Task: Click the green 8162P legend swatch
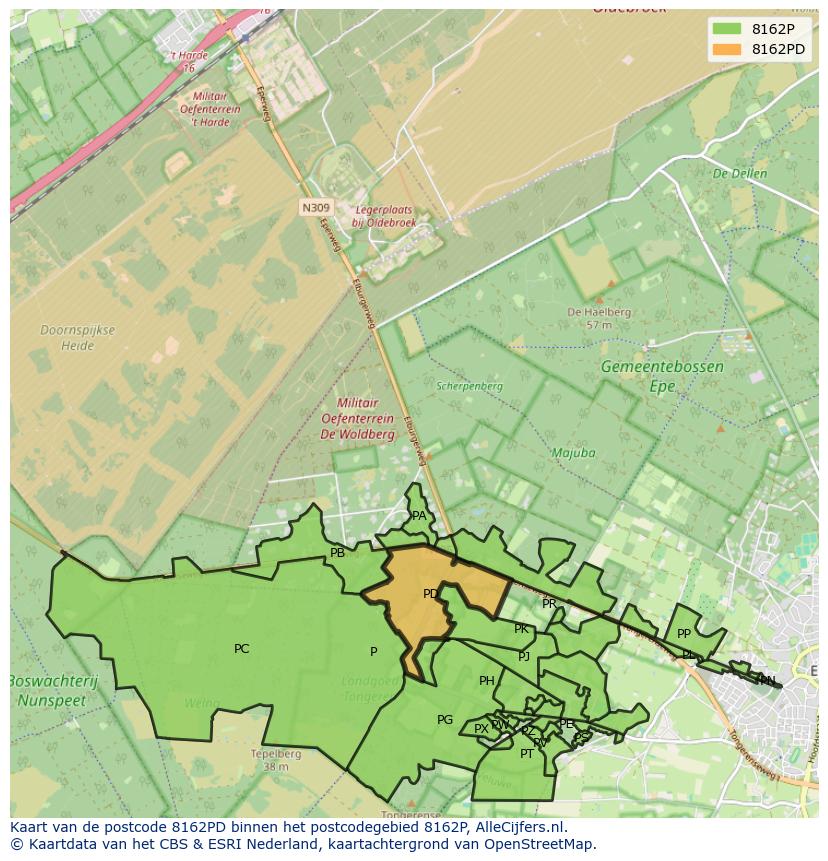(727, 28)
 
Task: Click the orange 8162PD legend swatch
(727, 49)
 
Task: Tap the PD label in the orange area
(430, 594)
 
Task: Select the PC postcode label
(241, 649)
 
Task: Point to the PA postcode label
(419, 516)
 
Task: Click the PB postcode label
(337, 553)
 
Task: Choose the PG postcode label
(445, 720)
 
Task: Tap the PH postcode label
(486, 681)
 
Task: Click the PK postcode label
(521, 629)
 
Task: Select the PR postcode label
(549, 604)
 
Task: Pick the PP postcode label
(684, 634)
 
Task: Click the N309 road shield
(314, 208)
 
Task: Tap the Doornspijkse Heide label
(77, 338)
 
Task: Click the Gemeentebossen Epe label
(662, 376)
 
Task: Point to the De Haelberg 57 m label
(598, 318)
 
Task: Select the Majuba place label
(573, 453)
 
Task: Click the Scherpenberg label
(469, 385)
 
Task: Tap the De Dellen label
(739, 174)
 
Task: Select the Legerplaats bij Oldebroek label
(383, 217)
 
